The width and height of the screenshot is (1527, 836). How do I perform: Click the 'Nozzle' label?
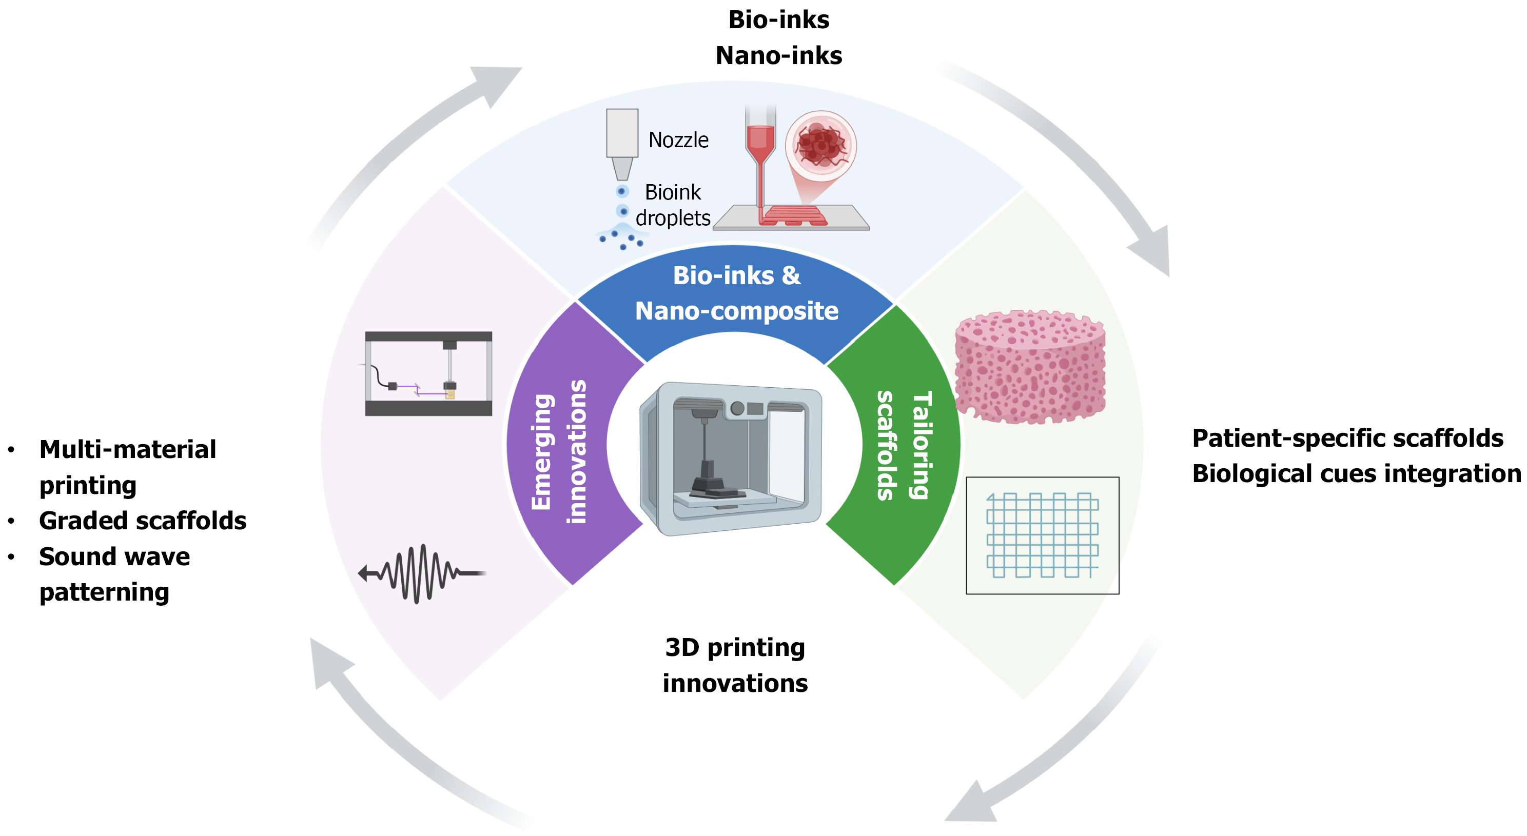pyautogui.click(x=678, y=140)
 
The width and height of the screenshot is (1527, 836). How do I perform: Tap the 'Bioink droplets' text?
pyautogui.click(x=673, y=205)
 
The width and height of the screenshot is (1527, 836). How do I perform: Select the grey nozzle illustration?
pyautogui.click(x=622, y=142)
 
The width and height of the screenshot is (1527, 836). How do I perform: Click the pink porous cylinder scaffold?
pyautogui.click(x=1030, y=367)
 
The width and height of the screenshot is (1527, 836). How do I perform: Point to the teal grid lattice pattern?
pyautogui.click(x=1042, y=535)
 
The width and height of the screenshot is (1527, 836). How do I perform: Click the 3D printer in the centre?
pyautogui.click(x=731, y=459)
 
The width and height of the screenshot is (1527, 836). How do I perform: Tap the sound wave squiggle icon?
pyautogui.click(x=422, y=573)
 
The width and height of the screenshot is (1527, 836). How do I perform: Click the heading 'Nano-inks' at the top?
pyautogui.click(x=778, y=56)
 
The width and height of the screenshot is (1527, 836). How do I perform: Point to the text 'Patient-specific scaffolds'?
pyautogui.click(x=1347, y=439)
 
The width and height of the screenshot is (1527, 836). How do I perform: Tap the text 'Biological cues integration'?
pyautogui.click(x=1356, y=474)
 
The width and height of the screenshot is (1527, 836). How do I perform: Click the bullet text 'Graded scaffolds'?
pyautogui.click(x=143, y=521)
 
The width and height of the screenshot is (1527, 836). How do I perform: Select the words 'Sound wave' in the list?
pyautogui.click(x=114, y=557)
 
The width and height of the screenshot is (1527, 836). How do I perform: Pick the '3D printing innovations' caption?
pyautogui.click(x=735, y=665)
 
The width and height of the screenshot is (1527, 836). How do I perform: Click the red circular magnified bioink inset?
pyautogui.click(x=820, y=146)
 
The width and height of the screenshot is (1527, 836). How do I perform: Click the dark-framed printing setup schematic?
pyautogui.click(x=428, y=374)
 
